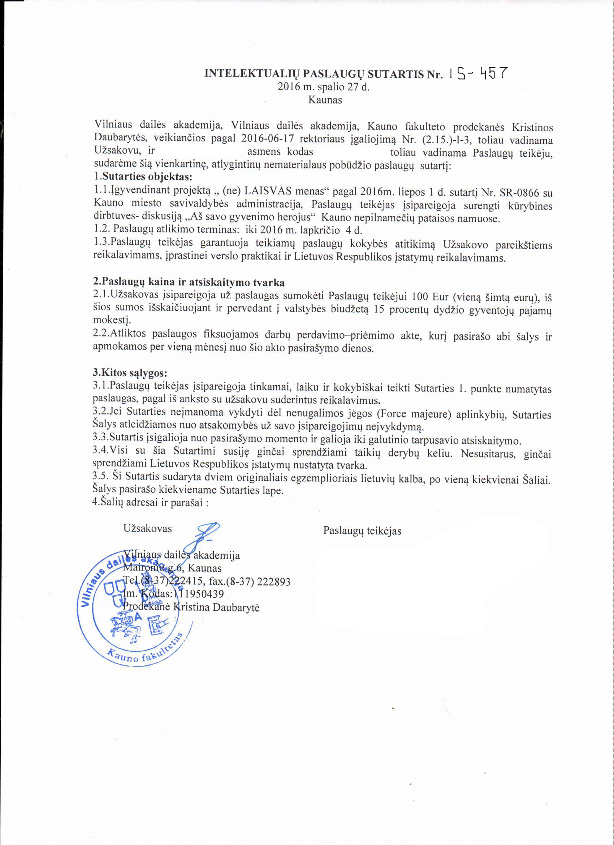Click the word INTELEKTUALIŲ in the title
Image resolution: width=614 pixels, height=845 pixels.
point(252,74)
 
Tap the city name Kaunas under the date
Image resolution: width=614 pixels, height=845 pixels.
point(325,100)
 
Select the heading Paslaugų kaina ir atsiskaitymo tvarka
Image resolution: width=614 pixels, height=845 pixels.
point(189,282)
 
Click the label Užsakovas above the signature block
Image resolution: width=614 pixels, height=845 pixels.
point(147,528)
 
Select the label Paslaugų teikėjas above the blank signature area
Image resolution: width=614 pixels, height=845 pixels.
point(362,531)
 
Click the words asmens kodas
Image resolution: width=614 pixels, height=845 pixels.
point(280,152)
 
